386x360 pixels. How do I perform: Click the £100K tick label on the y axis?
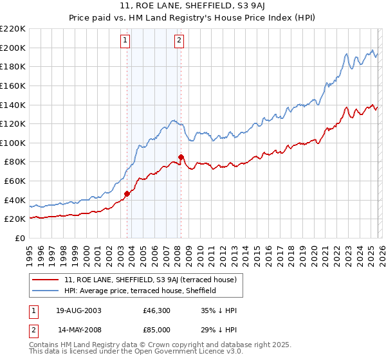click(13, 143)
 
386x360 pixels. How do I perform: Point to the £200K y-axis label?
click(13, 48)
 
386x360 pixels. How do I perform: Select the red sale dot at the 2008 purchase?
click(181, 157)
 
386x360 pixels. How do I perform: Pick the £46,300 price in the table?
click(156, 310)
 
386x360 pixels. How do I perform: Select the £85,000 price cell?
click(156, 329)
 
